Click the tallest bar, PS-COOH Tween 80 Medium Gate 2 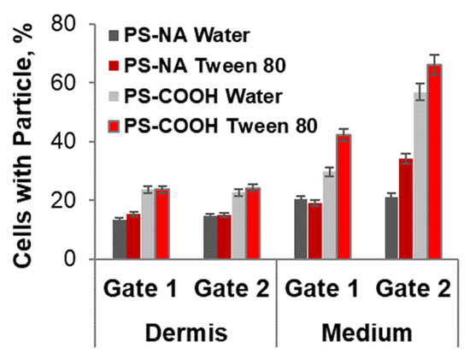(434, 162)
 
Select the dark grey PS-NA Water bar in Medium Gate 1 (300, 229)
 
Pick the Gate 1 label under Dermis (140, 286)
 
